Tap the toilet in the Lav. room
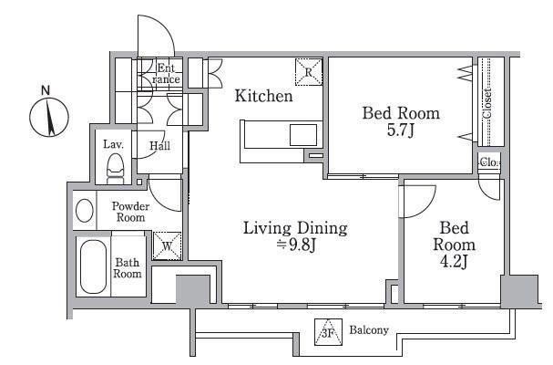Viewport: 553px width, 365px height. click(115, 169)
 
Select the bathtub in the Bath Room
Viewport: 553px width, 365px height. click(93, 266)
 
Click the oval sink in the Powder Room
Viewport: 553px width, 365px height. click(85, 211)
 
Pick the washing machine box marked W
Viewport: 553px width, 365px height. click(167, 246)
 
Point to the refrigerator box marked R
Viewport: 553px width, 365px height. click(309, 72)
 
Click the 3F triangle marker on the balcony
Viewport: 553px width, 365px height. click(328, 332)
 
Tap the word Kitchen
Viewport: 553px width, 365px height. click(264, 96)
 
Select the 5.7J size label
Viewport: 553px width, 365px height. click(401, 130)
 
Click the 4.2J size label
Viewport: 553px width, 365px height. click(454, 262)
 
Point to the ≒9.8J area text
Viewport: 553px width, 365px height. click(295, 245)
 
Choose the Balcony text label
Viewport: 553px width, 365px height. click(369, 330)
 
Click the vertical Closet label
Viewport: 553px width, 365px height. click(487, 103)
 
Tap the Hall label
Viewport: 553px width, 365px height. click(159, 146)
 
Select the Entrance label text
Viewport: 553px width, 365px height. click(166, 74)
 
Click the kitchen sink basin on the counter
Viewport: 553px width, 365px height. click(303, 135)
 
